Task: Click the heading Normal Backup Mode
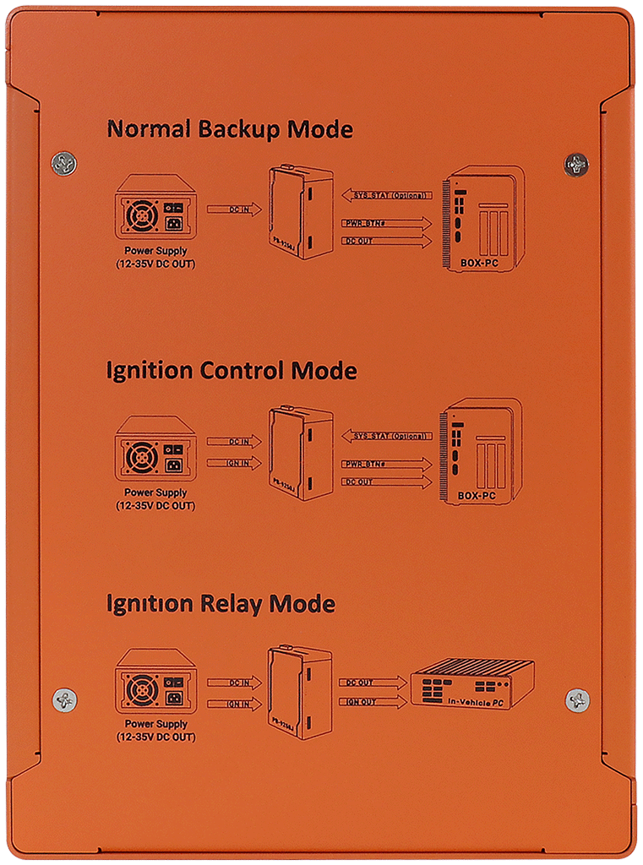coord(229,130)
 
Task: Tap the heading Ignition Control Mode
coord(231,372)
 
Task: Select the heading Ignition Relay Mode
coord(220,604)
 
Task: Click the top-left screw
coord(63,162)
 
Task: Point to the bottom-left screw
coord(64,699)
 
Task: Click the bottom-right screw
coord(577,699)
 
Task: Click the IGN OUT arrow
coord(372,702)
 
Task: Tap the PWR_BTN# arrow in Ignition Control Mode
coord(386,464)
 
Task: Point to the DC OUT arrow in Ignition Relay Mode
coord(372,683)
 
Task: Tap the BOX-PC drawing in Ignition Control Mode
coord(479,451)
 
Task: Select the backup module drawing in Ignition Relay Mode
coord(299,692)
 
